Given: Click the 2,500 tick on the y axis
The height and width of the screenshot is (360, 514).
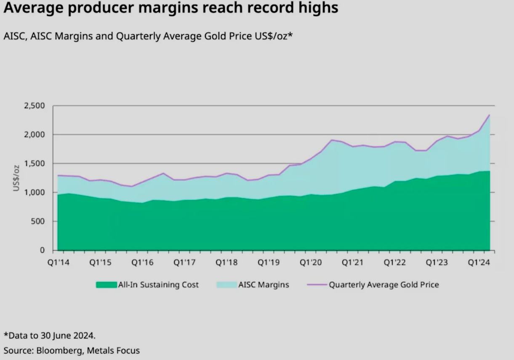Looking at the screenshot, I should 36,106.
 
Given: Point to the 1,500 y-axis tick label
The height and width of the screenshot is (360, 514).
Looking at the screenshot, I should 36,163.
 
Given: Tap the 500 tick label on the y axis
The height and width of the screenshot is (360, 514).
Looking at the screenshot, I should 39,221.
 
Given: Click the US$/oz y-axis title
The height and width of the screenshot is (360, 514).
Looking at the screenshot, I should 16,178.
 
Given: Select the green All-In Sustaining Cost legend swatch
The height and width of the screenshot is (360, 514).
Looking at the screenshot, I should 106,285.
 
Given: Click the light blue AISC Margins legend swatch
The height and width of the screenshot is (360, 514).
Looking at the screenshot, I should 226,285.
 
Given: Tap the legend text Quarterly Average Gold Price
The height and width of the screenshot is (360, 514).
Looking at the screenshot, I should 384,285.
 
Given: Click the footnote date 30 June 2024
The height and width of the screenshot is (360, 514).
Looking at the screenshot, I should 68,336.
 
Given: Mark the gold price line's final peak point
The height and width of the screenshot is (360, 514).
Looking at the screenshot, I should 489,115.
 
